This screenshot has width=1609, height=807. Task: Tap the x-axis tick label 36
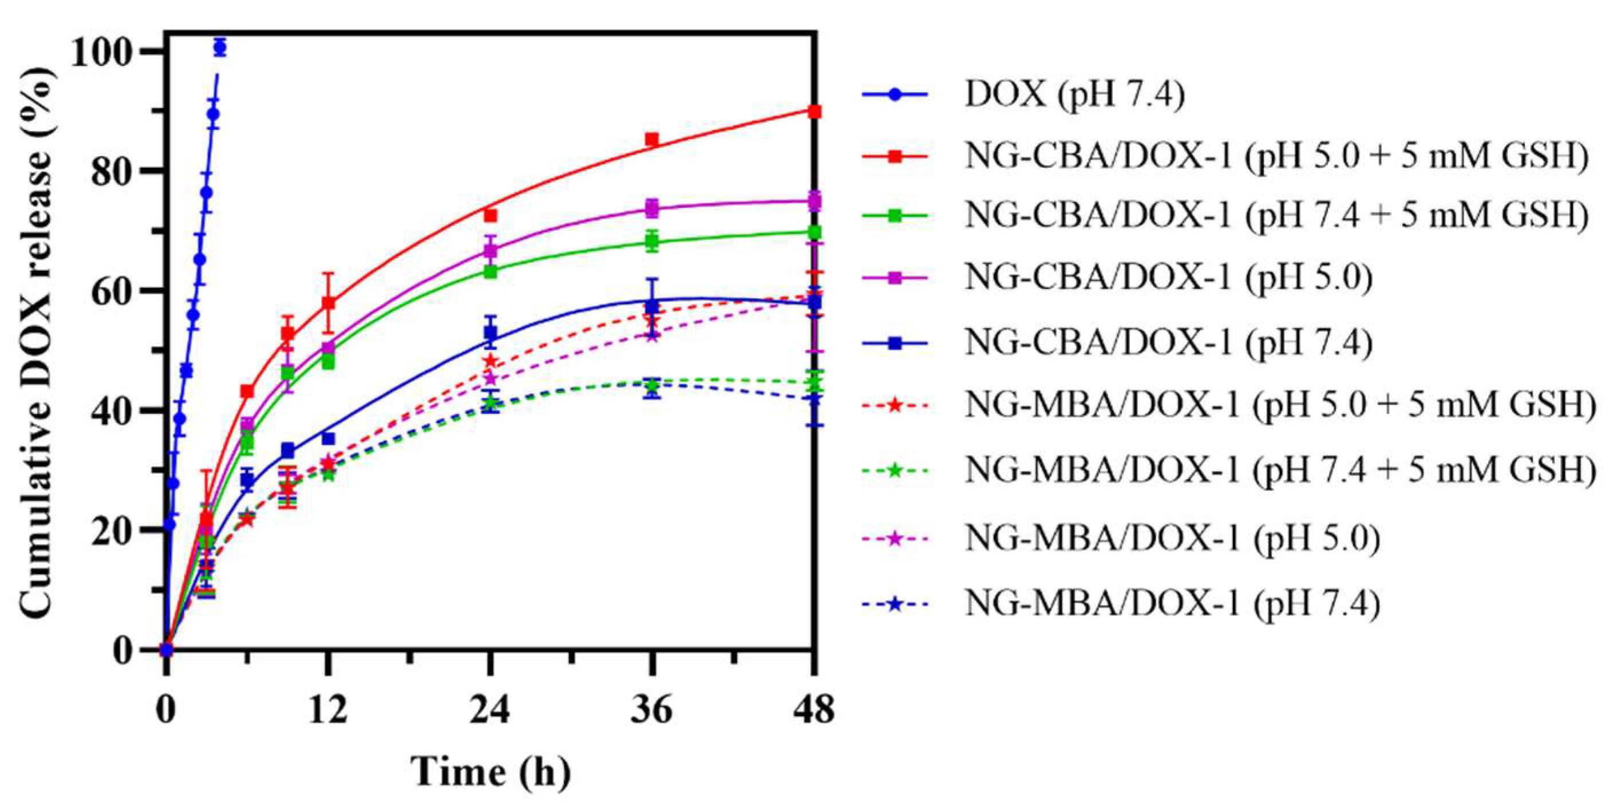(x=651, y=711)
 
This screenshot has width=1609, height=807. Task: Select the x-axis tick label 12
(x=327, y=711)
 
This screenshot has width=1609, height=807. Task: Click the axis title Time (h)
(x=491, y=772)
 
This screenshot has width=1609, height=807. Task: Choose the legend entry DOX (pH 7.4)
(x=1074, y=96)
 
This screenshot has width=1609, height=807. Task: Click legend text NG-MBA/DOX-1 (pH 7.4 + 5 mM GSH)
(x=1280, y=470)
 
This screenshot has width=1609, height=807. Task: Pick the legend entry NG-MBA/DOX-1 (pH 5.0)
(x=1172, y=538)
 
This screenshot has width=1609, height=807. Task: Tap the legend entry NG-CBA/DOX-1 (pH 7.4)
(x=1168, y=342)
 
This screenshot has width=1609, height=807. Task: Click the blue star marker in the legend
(x=895, y=604)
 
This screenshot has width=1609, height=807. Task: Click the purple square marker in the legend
(x=895, y=278)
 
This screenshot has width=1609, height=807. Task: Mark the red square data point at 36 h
(x=652, y=139)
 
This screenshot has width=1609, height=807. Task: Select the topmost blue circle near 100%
(x=220, y=48)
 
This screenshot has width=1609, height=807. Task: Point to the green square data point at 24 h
(x=491, y=272)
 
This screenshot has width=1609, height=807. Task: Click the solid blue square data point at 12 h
(x=328, y=438)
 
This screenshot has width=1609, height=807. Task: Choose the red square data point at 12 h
(x=328, y=303)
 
